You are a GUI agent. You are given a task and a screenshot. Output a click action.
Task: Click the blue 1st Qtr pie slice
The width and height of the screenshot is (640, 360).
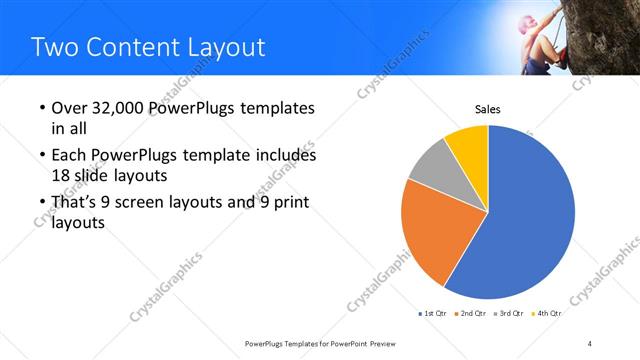[530, 220]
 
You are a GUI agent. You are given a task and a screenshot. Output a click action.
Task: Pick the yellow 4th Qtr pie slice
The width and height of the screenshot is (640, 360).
[468, 143]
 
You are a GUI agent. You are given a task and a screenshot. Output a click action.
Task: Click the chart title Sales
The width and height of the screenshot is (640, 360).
[487, 110]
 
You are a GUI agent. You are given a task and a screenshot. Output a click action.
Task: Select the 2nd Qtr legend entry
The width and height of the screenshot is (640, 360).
[471, 313]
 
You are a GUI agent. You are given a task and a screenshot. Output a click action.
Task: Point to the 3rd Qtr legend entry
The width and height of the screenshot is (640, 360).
[509, 313]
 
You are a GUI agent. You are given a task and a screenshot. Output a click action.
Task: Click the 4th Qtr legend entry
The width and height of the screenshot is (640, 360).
[547, 313]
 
